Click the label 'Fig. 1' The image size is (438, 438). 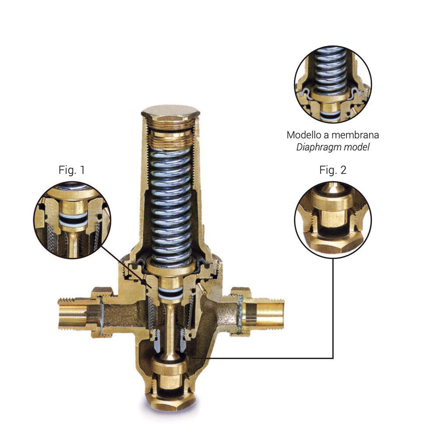[71, 170]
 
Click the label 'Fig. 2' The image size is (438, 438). [333, 170]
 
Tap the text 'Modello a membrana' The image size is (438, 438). [333, 135]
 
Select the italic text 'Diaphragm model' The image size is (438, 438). [333, 147]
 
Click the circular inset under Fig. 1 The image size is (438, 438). [72, 220]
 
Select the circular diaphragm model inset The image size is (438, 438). [333, 85]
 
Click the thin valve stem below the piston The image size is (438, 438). [170, 330]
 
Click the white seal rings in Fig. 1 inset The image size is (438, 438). [73, 219]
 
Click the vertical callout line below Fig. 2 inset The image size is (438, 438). [333, 308]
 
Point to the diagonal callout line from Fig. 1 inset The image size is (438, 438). [126, 267]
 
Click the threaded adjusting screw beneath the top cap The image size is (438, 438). [171, 136]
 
